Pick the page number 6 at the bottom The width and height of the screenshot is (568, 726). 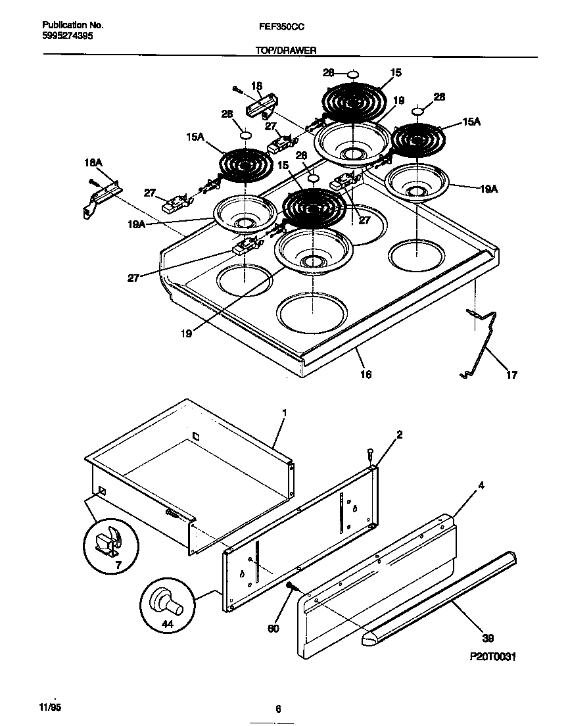[x=279, y=708]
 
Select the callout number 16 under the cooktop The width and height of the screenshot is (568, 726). [x=366, y=374]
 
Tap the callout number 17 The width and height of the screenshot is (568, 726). [x=511, y=375]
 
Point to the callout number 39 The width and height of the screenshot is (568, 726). [x=488, y=637]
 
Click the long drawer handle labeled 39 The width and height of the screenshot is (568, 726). [x=440, y=595]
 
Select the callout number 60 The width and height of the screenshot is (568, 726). [x=273, y=628]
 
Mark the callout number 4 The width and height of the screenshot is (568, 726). [x=482, y=486]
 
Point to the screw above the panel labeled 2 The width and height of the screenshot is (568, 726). [x=369, y=454]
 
